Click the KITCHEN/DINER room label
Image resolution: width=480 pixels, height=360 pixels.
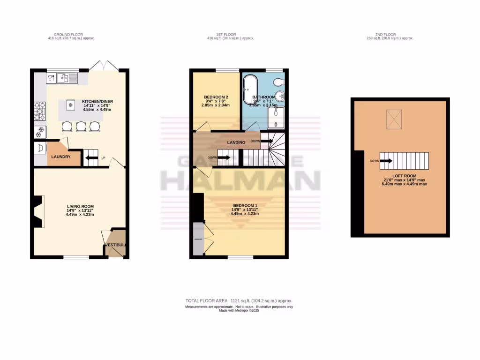(97, 101)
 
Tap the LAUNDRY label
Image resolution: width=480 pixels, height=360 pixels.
(61, 157)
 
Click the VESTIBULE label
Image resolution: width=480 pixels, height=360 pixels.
(115, 245)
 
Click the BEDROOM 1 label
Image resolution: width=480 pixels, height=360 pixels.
(245, 205)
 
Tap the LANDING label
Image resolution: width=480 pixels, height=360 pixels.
(236, 142)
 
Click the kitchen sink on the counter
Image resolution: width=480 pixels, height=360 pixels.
(68, 77)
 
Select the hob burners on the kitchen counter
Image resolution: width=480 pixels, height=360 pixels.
(39, 112)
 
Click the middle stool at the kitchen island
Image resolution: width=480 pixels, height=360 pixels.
(82, 126)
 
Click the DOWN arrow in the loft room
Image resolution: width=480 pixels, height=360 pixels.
(386, 161)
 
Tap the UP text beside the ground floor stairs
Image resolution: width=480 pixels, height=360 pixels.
(103, 157)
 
